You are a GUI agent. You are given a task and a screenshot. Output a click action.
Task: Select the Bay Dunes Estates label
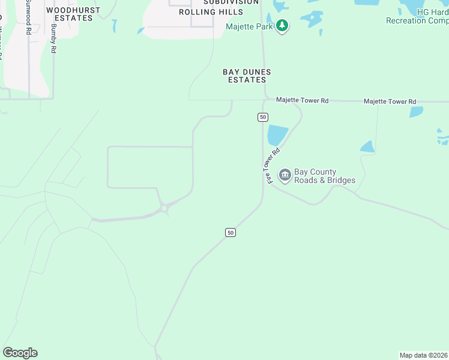point(247,76)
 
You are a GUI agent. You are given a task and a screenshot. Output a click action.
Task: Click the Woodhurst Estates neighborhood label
point(70,14)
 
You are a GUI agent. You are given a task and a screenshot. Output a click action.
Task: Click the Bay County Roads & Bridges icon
point(285,175)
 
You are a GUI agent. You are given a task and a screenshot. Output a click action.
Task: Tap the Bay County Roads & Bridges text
point(324,176)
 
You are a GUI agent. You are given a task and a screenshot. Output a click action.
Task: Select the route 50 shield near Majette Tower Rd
point(263,116)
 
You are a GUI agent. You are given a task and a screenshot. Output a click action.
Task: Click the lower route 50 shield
point(231,232)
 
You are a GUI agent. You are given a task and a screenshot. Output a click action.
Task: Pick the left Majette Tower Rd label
point(302,100)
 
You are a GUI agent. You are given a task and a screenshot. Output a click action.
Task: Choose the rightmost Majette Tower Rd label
point(390,101)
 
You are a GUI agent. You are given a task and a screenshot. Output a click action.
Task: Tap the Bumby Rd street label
point(53,39)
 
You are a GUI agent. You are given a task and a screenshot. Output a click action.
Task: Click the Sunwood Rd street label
point(28,18)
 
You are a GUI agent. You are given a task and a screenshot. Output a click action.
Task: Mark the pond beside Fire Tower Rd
point(277,134)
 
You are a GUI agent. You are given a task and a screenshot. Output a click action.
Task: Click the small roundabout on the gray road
point(164,209)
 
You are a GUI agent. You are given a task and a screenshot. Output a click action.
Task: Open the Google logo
point(20,353)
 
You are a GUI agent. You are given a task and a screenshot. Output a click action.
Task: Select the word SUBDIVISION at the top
point(222,2)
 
